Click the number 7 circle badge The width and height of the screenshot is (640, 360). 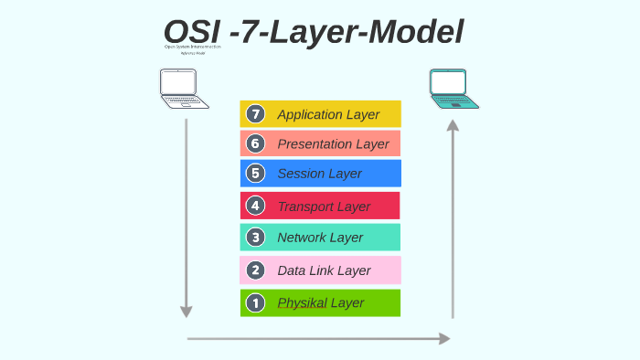256,114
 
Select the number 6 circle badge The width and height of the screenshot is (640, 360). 256,143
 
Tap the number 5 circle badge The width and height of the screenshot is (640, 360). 256,173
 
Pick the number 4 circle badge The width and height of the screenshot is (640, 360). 256,206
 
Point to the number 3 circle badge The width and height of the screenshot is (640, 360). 256,238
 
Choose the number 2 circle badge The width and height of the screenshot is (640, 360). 256,270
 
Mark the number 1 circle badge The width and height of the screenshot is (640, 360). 256,302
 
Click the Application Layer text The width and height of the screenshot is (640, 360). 328,114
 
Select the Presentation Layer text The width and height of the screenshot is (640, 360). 333,143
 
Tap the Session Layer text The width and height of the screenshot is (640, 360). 319,173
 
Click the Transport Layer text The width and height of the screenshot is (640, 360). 324,206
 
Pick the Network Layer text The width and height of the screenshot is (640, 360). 320,238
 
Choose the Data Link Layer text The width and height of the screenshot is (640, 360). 324,270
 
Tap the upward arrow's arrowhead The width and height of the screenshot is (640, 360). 453,126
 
